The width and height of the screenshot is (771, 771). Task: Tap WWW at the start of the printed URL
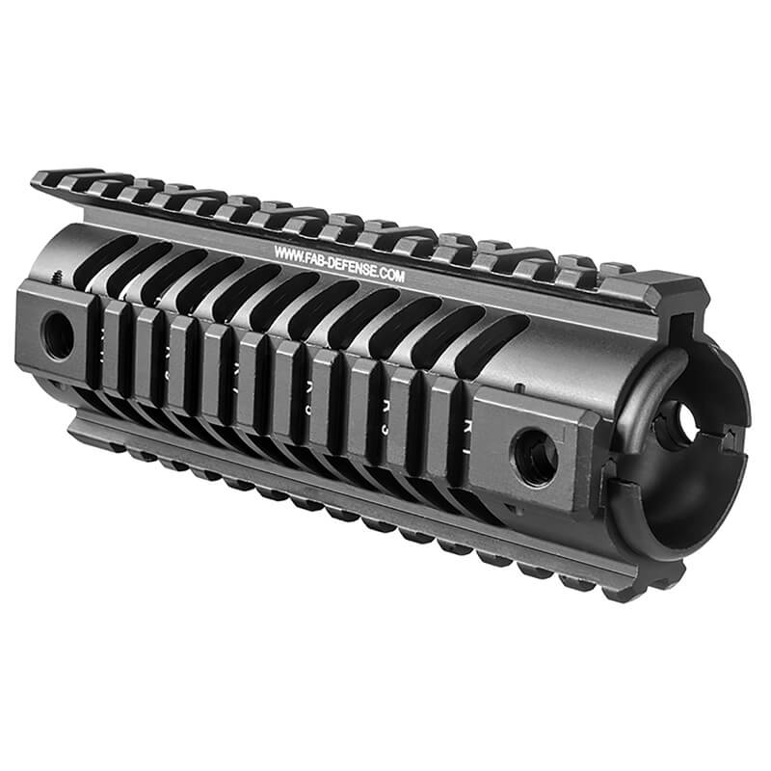286,252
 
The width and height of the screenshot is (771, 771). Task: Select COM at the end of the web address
394,276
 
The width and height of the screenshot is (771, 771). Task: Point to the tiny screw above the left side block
60,276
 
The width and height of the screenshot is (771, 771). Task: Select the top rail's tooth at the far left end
48,179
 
